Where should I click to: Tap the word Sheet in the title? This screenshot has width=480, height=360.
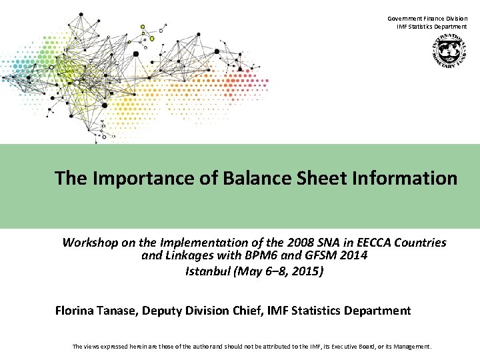pos(322,179)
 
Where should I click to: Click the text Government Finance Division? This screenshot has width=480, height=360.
pos(427,19)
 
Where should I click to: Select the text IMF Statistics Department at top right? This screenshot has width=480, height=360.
pos(432,27)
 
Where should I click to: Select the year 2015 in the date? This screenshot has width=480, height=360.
pos(305,271)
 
